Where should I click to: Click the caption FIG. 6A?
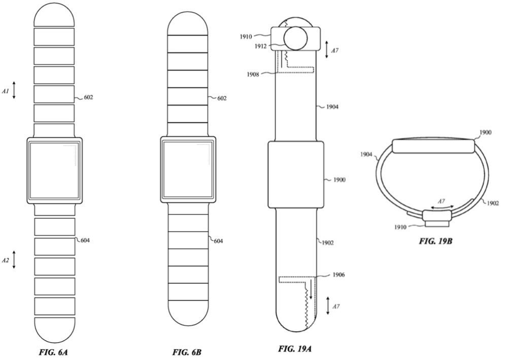(x=53, y=352)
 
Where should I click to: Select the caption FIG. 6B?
(x=187, y=352)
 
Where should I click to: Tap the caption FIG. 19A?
(x=295, y=349)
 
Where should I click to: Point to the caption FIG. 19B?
(x=435, y=241)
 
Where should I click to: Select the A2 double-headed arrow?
(x=14, y=259)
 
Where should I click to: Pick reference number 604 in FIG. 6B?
(x=218, y=241)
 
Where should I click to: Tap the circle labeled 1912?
(x=295, y=39)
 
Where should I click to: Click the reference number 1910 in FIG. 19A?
(x=246, y=37)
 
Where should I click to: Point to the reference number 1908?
(x=253, y=75)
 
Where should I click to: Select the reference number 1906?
(x=338, y=275)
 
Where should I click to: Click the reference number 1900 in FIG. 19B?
(x=485, y=132)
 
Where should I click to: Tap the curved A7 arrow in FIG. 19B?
(x=441, y=207)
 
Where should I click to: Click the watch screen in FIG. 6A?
(x=54, y=171)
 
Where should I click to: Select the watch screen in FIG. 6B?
(x=188, y=171)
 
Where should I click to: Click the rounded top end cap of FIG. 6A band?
(x=54, y=16)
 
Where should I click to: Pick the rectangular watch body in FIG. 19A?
(x=296, y=174)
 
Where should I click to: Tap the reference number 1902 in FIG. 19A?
(x=327, y=242)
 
